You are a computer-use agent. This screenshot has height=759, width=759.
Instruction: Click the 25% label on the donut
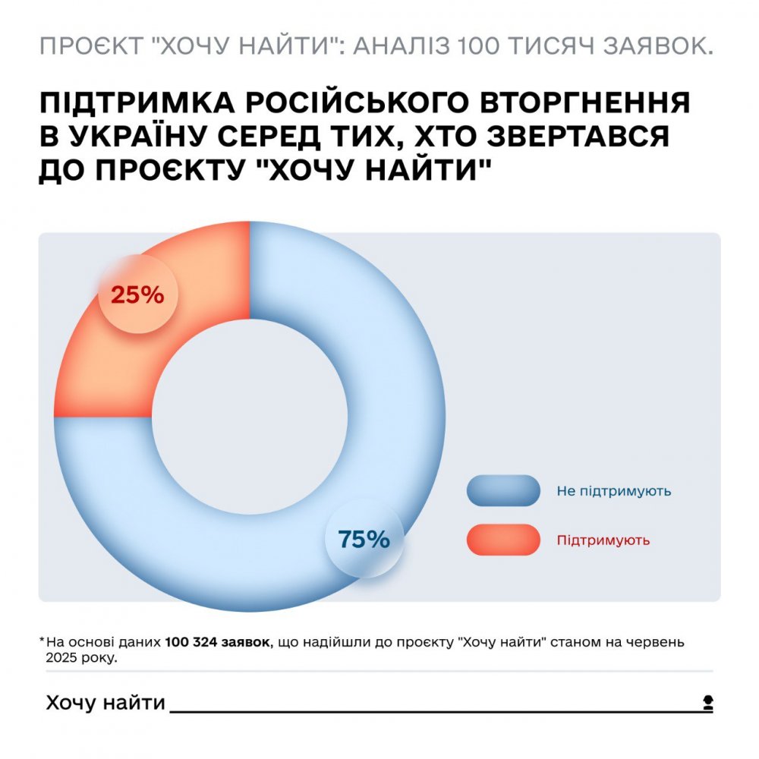pos(137,294)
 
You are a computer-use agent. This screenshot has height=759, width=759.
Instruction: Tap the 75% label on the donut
pos(364,539)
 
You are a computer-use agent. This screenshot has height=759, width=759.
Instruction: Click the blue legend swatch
pos(502,491)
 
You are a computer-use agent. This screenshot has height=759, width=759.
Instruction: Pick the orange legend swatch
pos(502,540)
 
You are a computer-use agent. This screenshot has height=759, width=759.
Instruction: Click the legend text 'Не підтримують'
pos(613,491)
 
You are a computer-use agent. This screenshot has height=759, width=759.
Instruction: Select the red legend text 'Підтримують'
pos(603,540)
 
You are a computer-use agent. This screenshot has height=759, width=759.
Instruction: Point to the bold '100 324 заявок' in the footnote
pos(217,642)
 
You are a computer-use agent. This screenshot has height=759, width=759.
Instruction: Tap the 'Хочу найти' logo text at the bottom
pos(106,703)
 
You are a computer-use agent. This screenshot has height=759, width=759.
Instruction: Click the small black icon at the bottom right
pos(707,703)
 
